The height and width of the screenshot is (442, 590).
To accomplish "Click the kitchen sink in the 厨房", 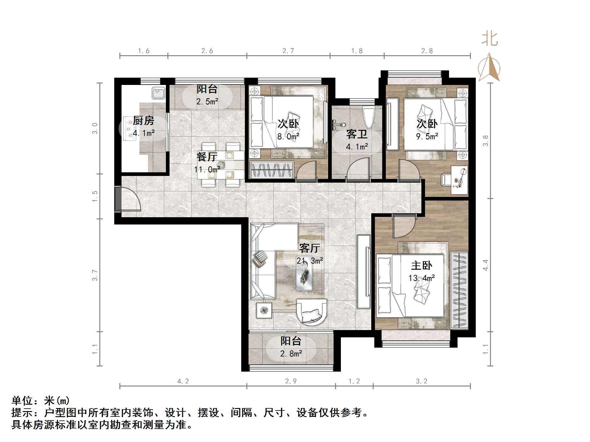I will click(158, 93).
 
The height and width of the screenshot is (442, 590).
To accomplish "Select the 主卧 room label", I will click(421, 266).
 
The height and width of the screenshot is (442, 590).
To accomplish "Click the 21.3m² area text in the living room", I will click(310, 261).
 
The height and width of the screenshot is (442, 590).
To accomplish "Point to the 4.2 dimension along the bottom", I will click(183, 381).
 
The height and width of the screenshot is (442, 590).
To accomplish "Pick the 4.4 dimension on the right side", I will click(485, 265).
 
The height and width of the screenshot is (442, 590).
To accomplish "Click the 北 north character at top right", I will click(490, 39).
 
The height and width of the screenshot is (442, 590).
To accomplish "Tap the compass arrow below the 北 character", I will click(489, 68).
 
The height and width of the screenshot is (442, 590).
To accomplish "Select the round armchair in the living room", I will click(311, 314).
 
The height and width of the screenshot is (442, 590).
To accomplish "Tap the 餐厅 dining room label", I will click(207, 157).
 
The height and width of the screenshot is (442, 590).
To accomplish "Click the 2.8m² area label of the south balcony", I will click(291, 353).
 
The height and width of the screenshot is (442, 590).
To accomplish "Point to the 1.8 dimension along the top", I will click(357, 51).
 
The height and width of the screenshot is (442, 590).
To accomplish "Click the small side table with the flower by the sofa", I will click(264, 310).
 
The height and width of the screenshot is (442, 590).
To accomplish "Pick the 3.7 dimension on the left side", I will click(95, 275).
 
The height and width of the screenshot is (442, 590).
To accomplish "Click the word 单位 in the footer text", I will click(22, 401).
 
